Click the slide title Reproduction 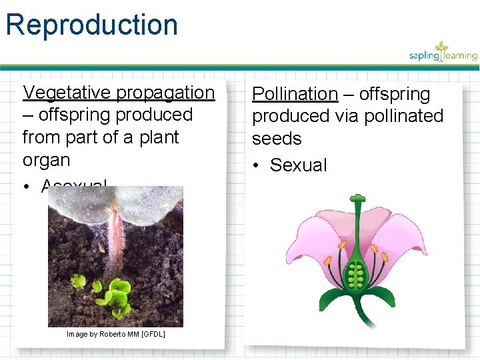click(92, 25)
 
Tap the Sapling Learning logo click(443, 53)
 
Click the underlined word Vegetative click(67, 92)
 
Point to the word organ click(46, 160)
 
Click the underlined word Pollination click(295, 94)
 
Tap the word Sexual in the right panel click(299, 165)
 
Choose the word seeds click(277, 139)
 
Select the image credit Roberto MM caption click(116, 333)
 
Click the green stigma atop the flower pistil click(358, 198)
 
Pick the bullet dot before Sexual click(257, 165)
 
